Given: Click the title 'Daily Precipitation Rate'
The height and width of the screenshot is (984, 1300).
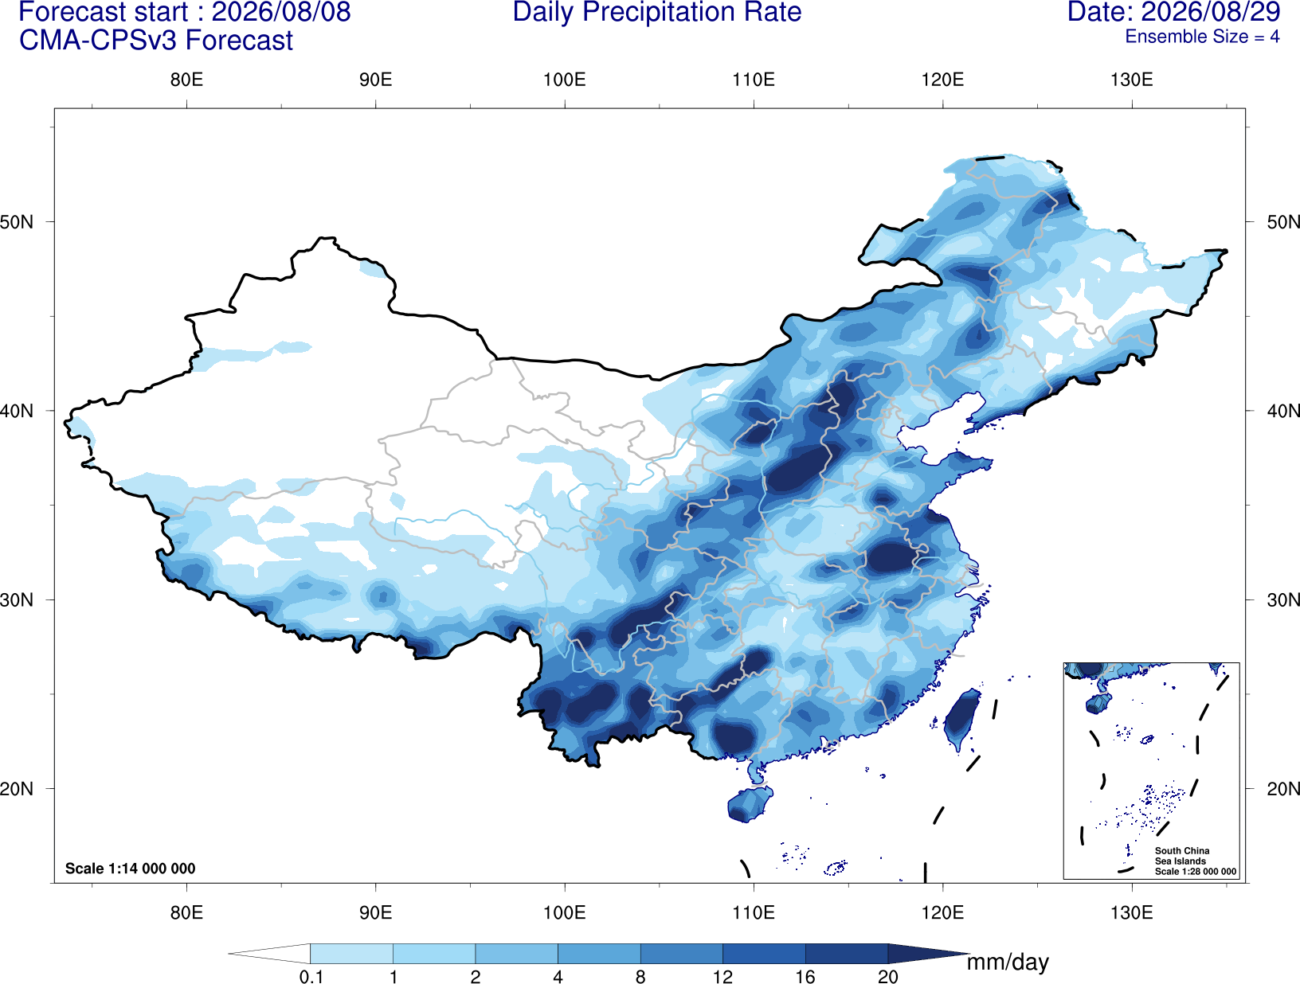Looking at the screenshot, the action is coord(657,12).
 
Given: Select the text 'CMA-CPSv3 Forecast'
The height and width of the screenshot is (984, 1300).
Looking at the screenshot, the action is coord(156,41).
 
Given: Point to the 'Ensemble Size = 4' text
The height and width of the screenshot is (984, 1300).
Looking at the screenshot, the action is coord(1202,37).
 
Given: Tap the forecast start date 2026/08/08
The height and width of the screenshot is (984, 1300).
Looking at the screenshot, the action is coord(281,12).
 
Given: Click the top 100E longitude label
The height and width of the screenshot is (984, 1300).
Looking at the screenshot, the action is coord(565,80).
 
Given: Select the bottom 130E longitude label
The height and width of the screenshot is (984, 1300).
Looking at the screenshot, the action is coord(1132,912).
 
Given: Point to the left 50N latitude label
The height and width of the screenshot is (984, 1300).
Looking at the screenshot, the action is coord(17,222).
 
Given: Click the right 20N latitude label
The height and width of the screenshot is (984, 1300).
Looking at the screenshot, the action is coord(1283,789).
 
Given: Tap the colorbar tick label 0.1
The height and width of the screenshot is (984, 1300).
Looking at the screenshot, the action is coord(311,977).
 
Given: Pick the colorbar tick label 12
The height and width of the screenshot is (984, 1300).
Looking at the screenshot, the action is coord(722,977).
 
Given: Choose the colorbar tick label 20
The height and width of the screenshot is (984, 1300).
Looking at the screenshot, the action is coord(888,977).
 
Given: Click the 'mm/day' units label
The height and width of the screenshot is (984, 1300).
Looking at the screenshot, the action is coord(1008,963).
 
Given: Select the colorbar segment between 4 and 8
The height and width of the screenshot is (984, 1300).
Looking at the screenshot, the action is coord(599,953).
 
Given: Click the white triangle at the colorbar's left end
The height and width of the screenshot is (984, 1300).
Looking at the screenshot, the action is coord(269,953).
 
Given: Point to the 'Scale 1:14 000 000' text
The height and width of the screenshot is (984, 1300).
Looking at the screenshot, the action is coord(131,868).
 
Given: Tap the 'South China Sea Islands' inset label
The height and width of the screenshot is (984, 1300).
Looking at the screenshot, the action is coord(1182,856).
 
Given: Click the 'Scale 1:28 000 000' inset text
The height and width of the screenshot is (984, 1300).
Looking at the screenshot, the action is coord(1196,872).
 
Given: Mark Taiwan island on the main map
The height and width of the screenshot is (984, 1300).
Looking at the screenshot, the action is coord(961,718).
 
